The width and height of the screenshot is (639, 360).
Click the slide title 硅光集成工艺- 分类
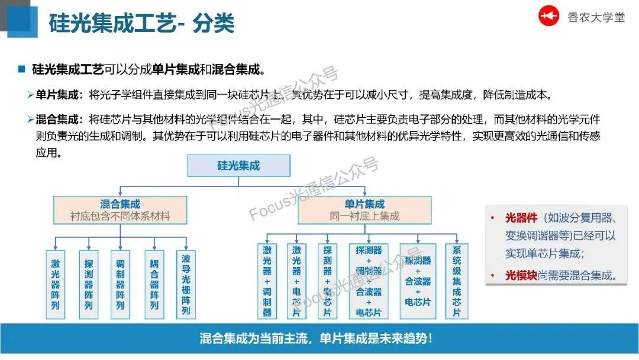coord(141,24)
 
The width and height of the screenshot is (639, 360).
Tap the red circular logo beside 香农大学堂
coord(548,17)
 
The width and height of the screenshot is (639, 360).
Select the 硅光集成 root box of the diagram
coord(238,166)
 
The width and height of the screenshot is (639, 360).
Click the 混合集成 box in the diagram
coord(120,210)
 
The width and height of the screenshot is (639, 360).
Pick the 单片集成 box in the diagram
coord(364,210)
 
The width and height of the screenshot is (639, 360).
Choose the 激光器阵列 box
coord(56,281)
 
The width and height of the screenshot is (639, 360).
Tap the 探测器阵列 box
coord(88,281)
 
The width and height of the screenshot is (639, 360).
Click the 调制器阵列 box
coord(120,281)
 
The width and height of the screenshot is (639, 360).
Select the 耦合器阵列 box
coord(154,281)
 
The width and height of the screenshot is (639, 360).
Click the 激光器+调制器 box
coord(267,281)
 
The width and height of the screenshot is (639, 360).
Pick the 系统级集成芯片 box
coord(456,281)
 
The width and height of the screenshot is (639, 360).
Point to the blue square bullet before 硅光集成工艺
coord(22,69)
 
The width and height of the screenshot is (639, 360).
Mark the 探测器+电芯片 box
coord(327,281)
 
